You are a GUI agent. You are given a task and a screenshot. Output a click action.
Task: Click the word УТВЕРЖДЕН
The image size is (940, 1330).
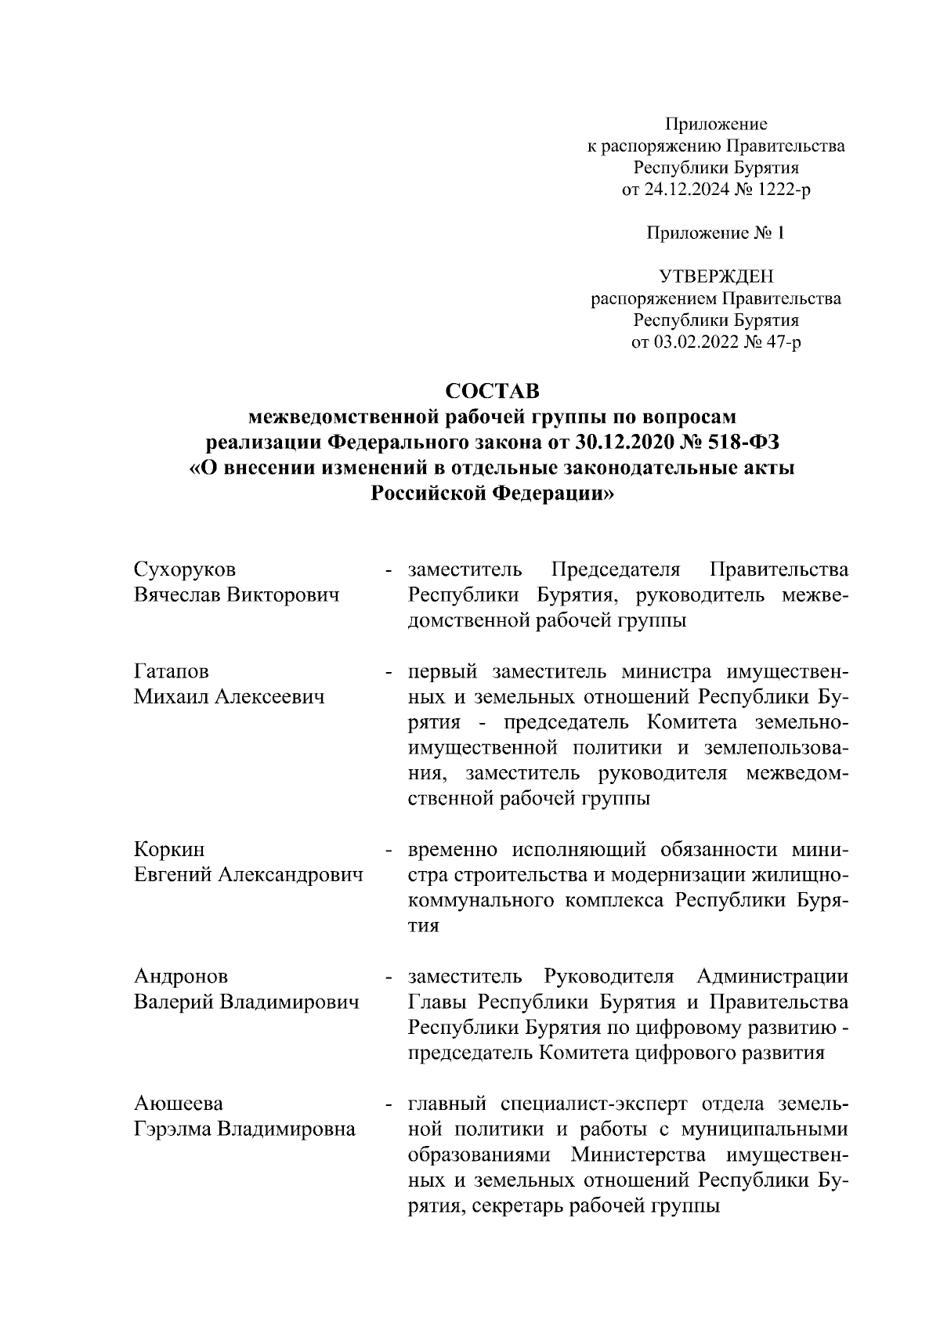click(715, 276)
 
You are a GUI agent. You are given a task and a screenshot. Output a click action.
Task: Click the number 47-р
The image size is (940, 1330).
click(780, 342)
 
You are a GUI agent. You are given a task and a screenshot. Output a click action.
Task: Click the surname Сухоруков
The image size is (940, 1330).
click(184, 569)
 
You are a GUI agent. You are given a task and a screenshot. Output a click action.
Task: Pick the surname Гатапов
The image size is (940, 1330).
click(171, 672)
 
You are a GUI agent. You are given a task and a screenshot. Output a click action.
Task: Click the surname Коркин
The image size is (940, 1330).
click(169, 850)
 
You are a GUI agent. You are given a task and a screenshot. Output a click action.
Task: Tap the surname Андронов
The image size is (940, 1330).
click(181, 977)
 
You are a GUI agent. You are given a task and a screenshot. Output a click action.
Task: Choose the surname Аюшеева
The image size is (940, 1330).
click(179, 1104)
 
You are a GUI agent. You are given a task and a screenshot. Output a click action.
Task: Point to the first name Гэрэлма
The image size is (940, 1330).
click(172, 1129)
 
